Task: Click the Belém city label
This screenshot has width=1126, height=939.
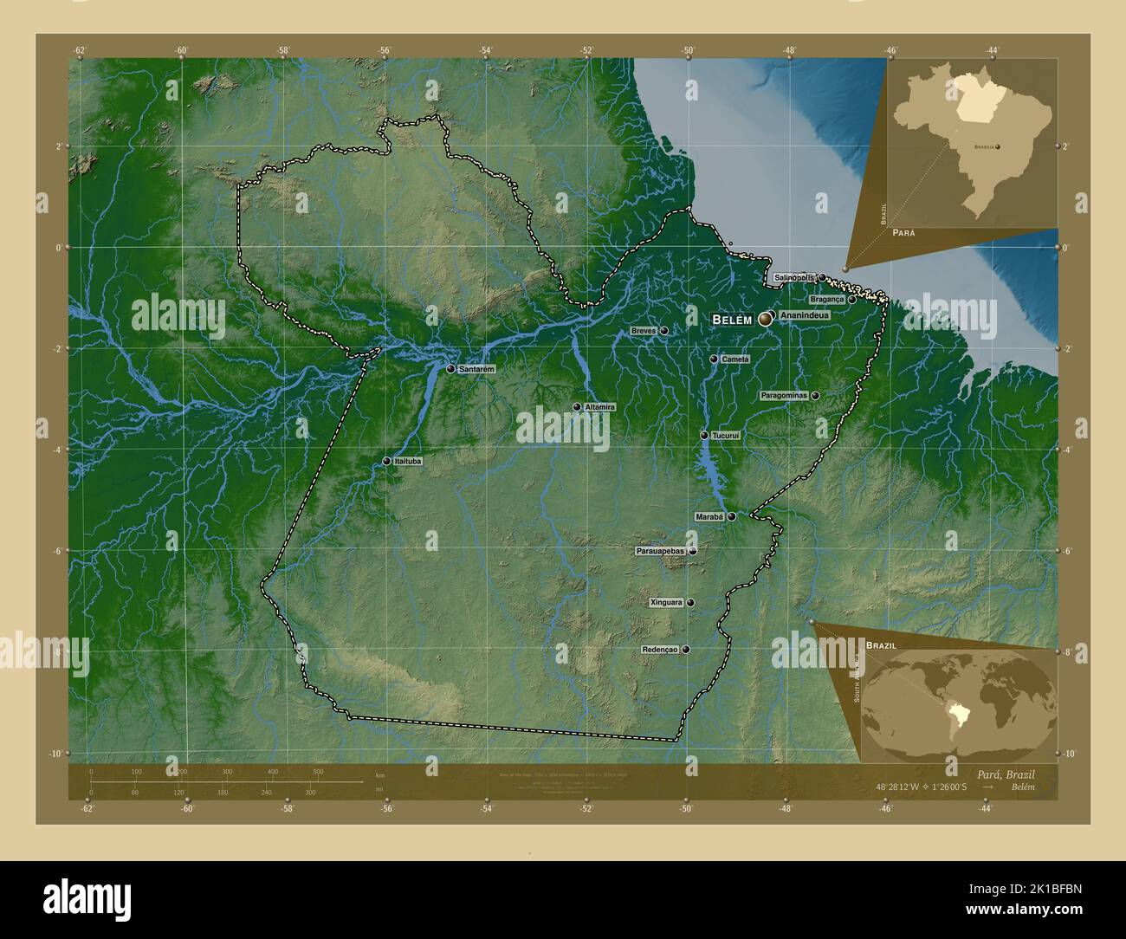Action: click(x=732, y=320)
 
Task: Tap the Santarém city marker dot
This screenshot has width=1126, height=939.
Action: click(x=450, y=369)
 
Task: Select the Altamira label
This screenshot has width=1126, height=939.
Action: click(x=599, y=407)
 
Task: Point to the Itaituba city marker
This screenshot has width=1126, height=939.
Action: click(x=386, y=462)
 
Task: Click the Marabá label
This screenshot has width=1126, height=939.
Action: click(x=709, y=517)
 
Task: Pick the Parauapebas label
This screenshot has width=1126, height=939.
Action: click(x=660, y=551)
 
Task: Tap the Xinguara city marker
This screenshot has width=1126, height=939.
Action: click(x=690, y=603)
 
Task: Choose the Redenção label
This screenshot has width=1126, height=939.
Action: click(x=660, y=650)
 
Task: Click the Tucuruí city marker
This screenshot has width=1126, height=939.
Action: click(x=704, y=436)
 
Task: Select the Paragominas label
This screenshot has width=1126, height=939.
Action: click(x=783, y=396)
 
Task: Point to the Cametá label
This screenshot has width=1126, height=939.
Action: click(x=734, y=359)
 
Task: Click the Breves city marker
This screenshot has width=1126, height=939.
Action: click(x=664, y=331)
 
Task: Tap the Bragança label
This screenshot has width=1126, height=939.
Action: click(x=825, y=299)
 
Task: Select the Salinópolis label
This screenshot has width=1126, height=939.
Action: click(x=793, y=277)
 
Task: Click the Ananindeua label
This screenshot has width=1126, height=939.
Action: click(x=804, y=315)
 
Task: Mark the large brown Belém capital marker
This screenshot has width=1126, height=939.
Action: click(x=766, y=320)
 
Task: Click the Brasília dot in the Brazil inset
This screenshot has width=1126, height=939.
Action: click(x=997, y=147)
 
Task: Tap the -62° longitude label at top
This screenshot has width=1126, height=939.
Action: click(x=80, y=50)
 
